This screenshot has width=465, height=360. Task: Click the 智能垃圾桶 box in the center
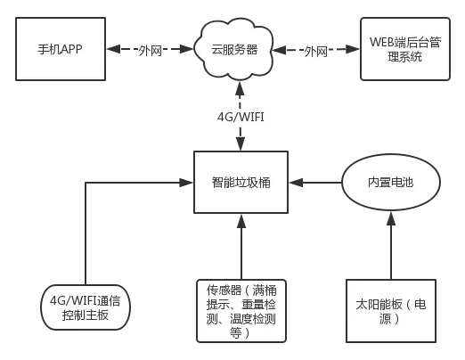click(x=241, y=182)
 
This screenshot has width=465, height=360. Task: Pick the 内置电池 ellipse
click(x=390, y=182)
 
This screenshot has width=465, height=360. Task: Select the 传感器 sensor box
click(x=241, y=310)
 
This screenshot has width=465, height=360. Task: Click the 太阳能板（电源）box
click(x=390, y=310)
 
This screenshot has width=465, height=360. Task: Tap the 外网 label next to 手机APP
click(x=151, y=51)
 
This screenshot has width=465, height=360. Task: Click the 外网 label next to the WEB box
click(x=316, y=51)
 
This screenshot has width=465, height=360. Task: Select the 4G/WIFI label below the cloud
click(x=241, y=116)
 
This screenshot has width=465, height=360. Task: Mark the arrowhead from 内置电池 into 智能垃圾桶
click(x=293, y=182)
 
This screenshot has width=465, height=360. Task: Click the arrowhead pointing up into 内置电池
click(x=390, y=215)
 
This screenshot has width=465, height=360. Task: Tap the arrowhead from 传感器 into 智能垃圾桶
click(x=241, y=217)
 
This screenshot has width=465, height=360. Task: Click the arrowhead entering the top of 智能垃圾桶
click(x=241, y=147)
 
